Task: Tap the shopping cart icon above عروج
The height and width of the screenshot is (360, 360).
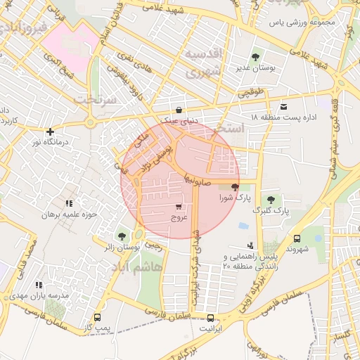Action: pos(179,207)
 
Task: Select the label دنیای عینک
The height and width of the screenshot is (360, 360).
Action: pos(181,120)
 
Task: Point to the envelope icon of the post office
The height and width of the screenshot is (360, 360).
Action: pos(283,106)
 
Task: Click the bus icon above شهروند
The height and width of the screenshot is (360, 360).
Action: pos(297,238)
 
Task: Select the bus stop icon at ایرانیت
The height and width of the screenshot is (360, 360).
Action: pos(209,318)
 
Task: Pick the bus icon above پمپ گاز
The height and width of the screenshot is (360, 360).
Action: pos(96,318)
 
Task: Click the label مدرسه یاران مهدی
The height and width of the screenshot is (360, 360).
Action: pos(44,296)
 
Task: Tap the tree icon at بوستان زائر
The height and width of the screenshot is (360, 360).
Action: pos(122,236)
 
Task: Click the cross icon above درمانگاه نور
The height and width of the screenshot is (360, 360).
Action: pos(50,131)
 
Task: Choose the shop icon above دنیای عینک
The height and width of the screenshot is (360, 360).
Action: pos(181,110)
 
